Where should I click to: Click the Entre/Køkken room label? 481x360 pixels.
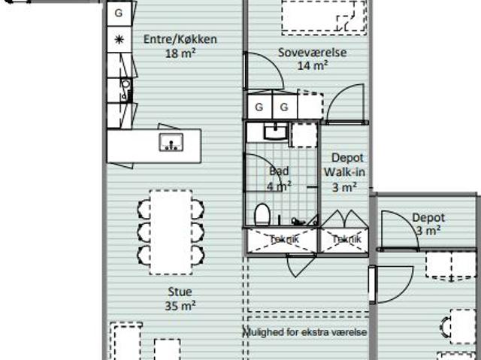pos(180,39)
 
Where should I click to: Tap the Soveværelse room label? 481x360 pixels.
pos(313,53)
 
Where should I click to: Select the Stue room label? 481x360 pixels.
pos(180,292)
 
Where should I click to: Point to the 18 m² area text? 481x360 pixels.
pos(180,53)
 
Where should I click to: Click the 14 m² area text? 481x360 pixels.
pos(313,65)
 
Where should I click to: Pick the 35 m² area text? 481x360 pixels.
pos(180,305)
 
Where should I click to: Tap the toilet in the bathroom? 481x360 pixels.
pos(262,214)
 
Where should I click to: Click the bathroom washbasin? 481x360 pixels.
pos(276,132)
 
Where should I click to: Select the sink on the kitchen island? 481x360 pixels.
pos(171,142)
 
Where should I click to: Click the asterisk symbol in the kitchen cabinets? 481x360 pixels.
pos(119,40)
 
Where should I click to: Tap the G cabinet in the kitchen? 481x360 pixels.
pos(119,14)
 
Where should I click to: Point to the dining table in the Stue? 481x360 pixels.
pos(171,232)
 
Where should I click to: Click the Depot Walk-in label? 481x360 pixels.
pos(344,165)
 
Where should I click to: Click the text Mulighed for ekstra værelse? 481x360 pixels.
pos(305,332)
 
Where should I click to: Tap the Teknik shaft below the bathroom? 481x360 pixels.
pos(283,240)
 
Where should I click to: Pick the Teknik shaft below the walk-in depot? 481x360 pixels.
pos(344,240)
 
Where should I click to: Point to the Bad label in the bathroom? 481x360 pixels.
pos(279,171)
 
